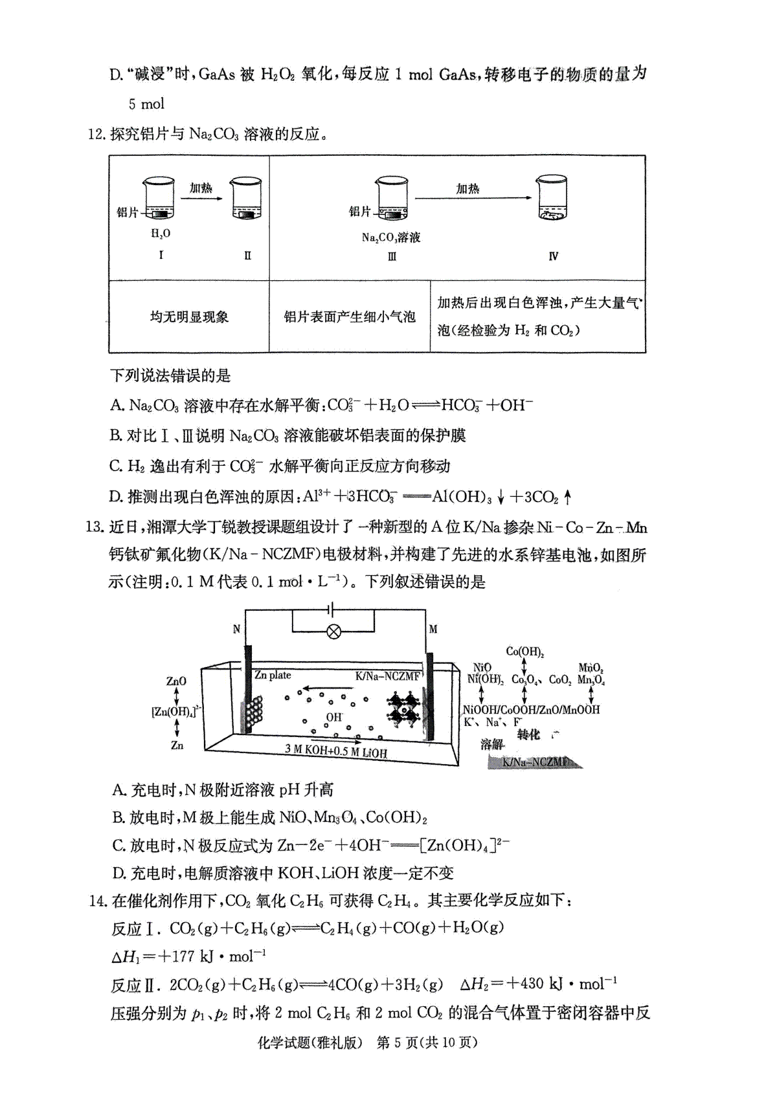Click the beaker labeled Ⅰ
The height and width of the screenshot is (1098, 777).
(159, 199)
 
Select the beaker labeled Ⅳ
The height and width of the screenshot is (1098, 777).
(552, 198)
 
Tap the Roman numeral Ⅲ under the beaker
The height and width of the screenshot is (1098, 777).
(392, 256)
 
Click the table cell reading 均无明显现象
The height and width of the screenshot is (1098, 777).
(189, 317)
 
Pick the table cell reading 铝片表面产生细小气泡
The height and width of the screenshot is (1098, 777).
(350, 317)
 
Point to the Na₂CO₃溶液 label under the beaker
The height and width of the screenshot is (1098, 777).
(391, 237)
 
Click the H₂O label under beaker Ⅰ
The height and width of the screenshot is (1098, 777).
(161, 234)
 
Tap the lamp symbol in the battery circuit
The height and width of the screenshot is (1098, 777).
(334, 632)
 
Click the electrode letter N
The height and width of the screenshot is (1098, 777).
(236, 629)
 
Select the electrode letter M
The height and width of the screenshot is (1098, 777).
(433, 629)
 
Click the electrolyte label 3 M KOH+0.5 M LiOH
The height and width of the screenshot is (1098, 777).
(336, 751)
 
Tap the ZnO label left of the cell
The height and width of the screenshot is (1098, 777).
(176, 681)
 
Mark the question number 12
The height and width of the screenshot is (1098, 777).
(96, 134)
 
